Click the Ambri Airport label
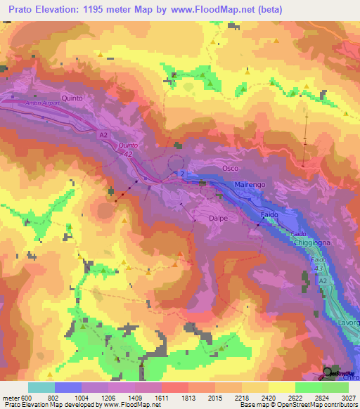pos(44,103)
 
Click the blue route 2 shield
pos(181,174)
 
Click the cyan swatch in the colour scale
pos(41,387)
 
